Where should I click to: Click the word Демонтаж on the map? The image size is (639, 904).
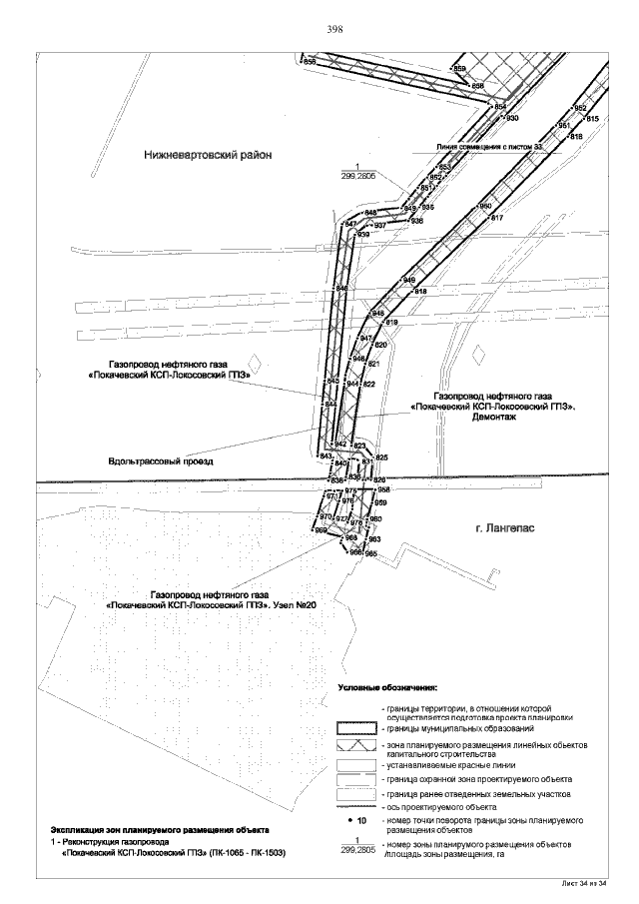coord(492,418)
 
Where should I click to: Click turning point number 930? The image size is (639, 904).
coord(512,118)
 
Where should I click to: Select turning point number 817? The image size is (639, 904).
coord(497,217)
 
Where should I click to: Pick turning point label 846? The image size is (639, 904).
coord(341,289)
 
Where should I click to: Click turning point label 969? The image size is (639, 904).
coord(320,530)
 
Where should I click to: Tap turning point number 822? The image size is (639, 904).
coord(368,384)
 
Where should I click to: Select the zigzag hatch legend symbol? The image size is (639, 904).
coord(354,746)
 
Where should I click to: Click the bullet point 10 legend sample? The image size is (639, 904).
coord(355,820)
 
